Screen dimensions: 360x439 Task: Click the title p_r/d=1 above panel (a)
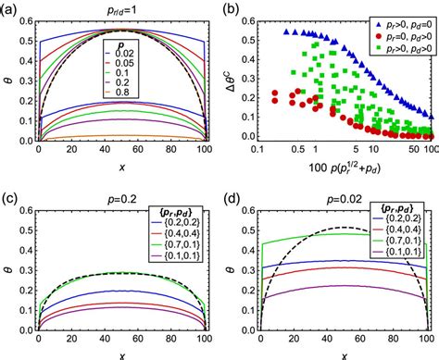tap(111, 8)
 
